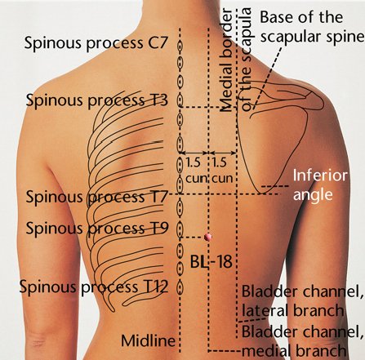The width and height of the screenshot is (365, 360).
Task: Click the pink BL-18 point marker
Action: click(x=208, y=237)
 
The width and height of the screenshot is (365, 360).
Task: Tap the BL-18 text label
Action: click(x=211, y=262)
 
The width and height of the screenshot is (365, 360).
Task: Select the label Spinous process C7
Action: click(x=96, y=43)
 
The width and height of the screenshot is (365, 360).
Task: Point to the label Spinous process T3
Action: click(x=97, y=100)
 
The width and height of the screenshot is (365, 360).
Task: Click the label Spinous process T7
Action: click(x=96, y=197)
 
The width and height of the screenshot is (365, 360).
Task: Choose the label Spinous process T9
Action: click(x=97, y=228)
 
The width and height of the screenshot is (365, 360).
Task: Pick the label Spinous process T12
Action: click(x=94, y=287)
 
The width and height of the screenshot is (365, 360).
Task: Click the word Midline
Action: click(x=148, y=340)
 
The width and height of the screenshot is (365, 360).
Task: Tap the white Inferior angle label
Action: click(x=320, y=185)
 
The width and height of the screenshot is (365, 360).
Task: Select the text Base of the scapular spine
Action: click(x=312, y=27)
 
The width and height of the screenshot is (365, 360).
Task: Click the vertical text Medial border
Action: click(x=226, y=60)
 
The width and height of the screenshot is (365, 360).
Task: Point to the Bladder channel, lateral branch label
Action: click(x=303, y=301)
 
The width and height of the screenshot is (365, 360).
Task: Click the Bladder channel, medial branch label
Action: click(x=303, y=340)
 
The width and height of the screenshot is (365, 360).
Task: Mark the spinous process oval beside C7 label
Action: click(x=180, y=46)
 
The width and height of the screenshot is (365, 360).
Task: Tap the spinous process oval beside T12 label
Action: click(x=180, y=288)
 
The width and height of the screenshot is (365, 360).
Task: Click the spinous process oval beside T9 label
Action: click(x=180, y=228)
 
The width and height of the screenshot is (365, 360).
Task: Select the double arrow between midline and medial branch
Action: click(x=194, y=153)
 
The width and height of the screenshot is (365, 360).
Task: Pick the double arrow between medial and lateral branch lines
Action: click(x=223, y=153)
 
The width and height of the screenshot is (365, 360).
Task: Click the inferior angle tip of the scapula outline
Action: click(x=263, y=193)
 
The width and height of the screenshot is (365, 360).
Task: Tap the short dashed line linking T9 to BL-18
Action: click(x=192, y=238)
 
